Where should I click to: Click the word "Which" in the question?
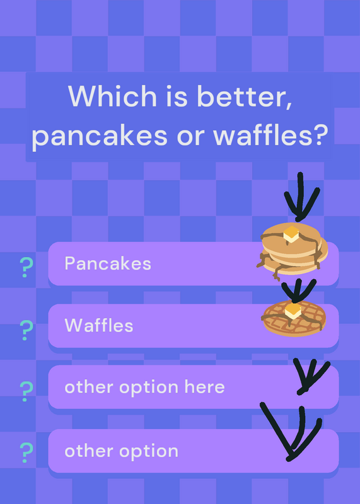(x=112, y=96)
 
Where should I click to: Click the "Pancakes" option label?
(x=108, y=263)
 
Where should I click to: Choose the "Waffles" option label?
(x=99, y=325)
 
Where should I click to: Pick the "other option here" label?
(x=144, y=387)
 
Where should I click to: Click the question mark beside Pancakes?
(x=26, y=267)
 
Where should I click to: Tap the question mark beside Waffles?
(x=26, y=330)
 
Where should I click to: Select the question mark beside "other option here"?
(x=26, y=391)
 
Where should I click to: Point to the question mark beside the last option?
(x=26, y=452)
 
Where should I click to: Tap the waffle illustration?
(x=294, y=318)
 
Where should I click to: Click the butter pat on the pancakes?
(x=291, y=234)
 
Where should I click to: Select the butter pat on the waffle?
(x=293, y=311)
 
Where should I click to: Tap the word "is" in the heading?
(x=177, y=96)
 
